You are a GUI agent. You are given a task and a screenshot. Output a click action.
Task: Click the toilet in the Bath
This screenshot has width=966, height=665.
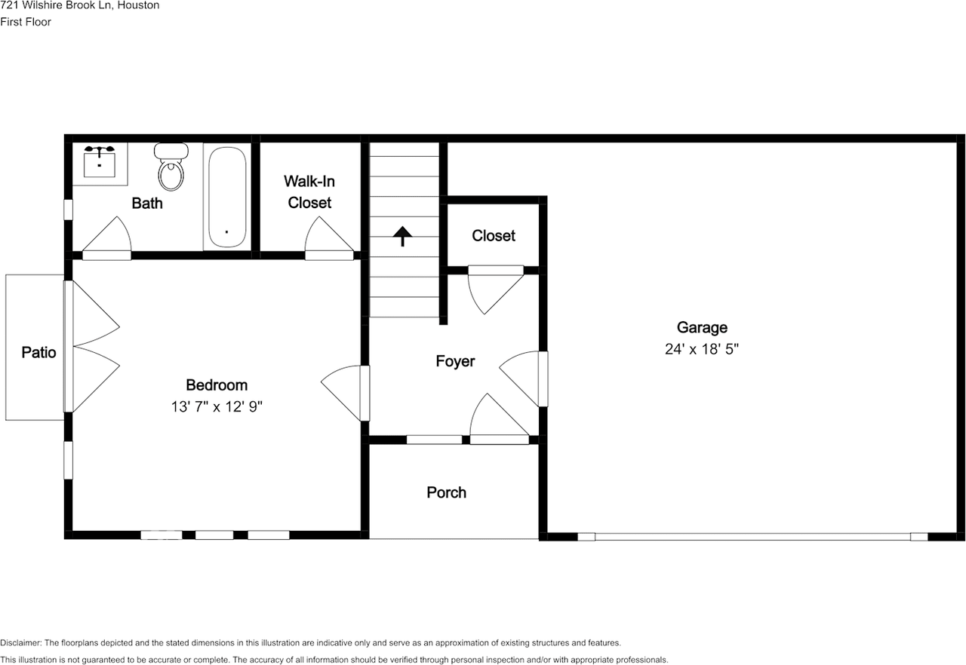click(x=171, y=167)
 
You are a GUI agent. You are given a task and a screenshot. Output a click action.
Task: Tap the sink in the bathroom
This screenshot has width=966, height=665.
click(x=99, y=161)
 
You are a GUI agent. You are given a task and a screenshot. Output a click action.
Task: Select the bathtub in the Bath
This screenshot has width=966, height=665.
click(x=226, y=197)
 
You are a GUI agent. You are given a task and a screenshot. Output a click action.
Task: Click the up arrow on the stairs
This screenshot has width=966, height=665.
click(x=403, y=235)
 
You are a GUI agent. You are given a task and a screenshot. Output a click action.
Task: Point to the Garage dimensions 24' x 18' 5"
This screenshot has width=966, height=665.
click(x=702, y=349)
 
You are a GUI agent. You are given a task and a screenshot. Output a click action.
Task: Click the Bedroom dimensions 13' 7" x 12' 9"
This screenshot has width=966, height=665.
click(x=217, y=406)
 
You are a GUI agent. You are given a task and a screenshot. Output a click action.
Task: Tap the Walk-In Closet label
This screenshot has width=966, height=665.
click(x=309, y=192)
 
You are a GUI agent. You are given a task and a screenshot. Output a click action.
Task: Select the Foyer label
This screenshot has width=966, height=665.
click(x=455, y=361)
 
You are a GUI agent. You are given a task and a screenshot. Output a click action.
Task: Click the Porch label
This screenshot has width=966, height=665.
click(x=446, y=492)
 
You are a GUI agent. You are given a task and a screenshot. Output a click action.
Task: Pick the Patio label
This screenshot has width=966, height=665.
click(x=38, y=352)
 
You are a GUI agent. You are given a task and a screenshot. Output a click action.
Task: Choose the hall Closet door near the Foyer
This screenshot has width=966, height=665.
click(x=494, y=290)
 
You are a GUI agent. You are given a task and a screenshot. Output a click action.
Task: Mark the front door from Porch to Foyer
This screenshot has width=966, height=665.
click(x=498, y=419)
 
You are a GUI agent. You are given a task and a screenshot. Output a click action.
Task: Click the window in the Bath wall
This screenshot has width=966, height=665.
click(x=68, y=209)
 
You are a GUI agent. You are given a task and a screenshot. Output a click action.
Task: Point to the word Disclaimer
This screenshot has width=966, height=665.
click(x=20, y=643)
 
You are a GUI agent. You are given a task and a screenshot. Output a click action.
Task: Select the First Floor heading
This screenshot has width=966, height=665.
click(x=26, y=22)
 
